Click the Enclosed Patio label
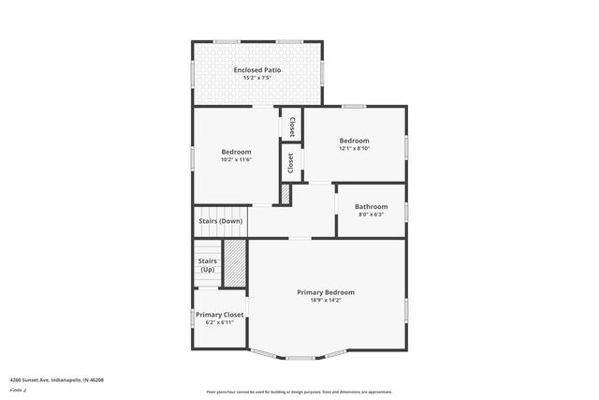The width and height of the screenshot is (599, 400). pos(256,70)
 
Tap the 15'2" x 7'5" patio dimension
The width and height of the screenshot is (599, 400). pos(256,79)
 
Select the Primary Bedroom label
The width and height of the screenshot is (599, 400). pos(326,292)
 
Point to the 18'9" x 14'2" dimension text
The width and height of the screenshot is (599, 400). pos(326,301)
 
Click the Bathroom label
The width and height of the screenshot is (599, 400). pos(372,206)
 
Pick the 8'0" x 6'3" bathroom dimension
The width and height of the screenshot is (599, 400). pos(372,215)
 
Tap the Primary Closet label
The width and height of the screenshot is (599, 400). pos(220,315)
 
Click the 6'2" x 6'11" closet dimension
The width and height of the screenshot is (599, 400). pos(220,323)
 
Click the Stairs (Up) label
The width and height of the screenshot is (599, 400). pos(208,265)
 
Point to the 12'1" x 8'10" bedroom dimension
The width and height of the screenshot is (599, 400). pos(355,148)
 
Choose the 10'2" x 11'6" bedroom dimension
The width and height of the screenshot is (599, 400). pos(236,159)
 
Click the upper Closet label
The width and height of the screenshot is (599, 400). pos(292,126)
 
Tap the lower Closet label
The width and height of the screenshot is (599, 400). pos(291,162)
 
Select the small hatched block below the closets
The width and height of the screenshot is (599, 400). pos(286,194)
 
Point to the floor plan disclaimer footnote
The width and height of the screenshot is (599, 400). pos(299,392)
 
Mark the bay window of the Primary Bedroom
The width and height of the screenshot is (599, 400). pos(299,356)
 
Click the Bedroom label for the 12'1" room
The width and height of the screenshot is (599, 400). pos(355,141)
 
